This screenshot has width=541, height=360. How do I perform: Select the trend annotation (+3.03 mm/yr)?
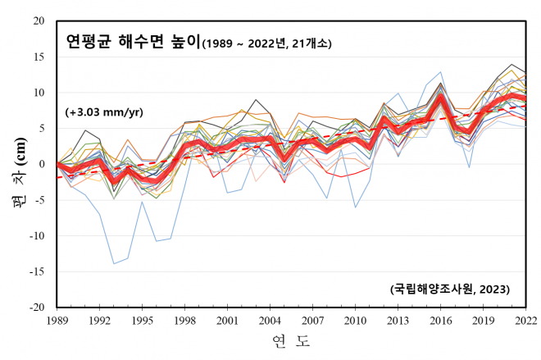point(105,112)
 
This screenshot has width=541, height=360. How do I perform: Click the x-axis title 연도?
point(291,339)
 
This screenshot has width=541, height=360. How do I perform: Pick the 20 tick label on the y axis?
point(39,20)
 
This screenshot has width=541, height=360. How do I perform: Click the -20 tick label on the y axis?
point(36,308)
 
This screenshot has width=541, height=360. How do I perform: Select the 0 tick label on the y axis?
point(42,164)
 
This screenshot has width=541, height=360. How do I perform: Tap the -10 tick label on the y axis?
point(36,235)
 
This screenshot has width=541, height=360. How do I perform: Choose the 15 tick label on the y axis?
point(39,56)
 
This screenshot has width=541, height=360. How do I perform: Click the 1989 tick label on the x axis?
point(58,320)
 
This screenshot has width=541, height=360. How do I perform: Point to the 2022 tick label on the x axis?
point(525,320)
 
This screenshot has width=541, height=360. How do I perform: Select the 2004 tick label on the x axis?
point(270,320)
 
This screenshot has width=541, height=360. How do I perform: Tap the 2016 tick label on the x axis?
point(441,320)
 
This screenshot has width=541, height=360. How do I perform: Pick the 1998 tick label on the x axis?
point(185,320)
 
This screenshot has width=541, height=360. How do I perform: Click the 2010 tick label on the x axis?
point(356,320)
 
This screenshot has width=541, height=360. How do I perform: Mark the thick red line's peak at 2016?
point(441,98)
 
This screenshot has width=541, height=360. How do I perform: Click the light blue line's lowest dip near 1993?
point(114,264)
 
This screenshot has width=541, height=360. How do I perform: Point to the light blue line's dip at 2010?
point(356,207)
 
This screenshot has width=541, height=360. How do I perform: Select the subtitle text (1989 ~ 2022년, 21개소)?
point(270,41)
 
